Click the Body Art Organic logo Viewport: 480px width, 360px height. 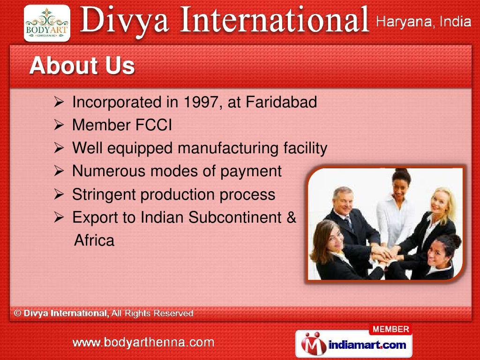pyautogui.click(x=47, y=23)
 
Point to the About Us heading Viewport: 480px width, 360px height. pyautogui.click(x=82, y=66)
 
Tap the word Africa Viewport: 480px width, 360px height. pyautogui.click(x=94, y=240)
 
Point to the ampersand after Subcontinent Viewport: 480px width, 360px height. pyautogui.click(x=291, y=217)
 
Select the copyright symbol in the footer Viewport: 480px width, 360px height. pyautogui.click(x=17, y=313)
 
